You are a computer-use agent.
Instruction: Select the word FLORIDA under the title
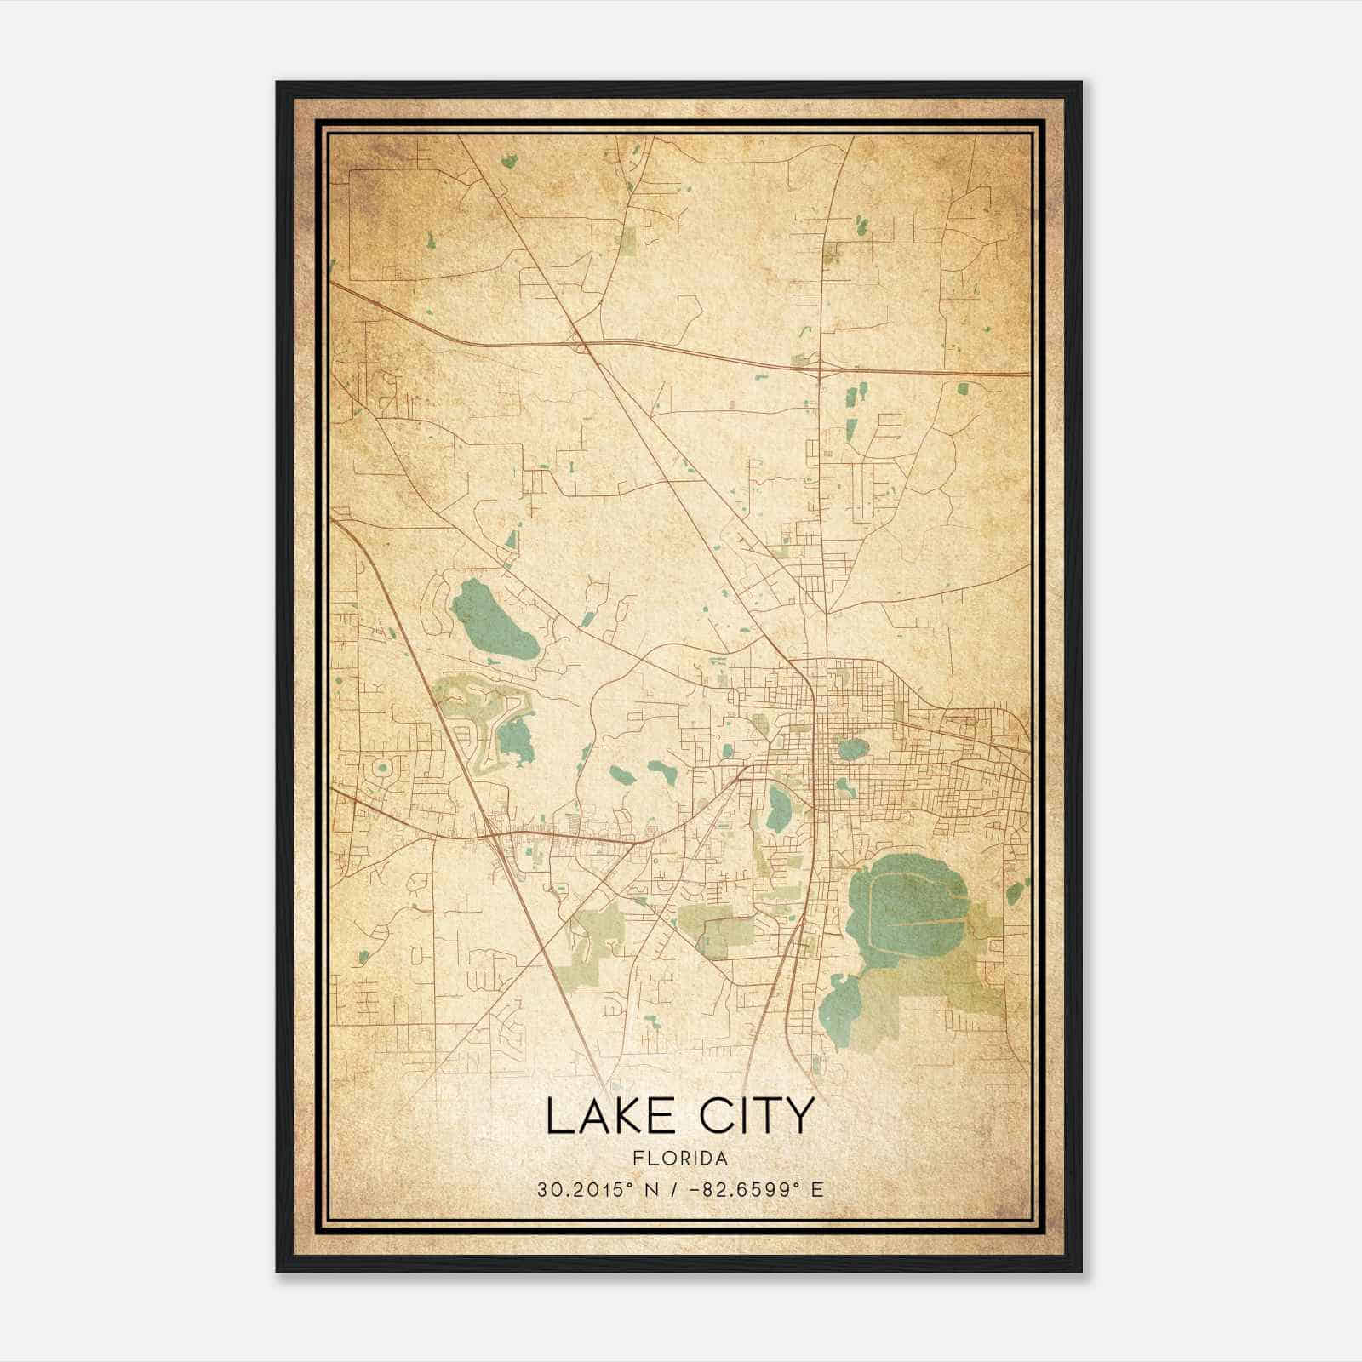click(680, 1159)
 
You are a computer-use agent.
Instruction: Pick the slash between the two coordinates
click(675, 1189)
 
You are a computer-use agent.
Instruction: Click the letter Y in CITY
click(798, 1116)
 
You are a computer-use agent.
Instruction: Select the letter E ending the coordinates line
click(818, 1189)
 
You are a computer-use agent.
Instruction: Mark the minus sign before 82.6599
click(702, 1189)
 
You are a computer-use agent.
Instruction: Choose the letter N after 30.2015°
click(650, 1189)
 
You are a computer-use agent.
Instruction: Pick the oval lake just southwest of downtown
click(778, 809)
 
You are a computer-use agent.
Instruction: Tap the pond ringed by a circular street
click(382, 769)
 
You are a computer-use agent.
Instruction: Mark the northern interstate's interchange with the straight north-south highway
click(820, 367)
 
